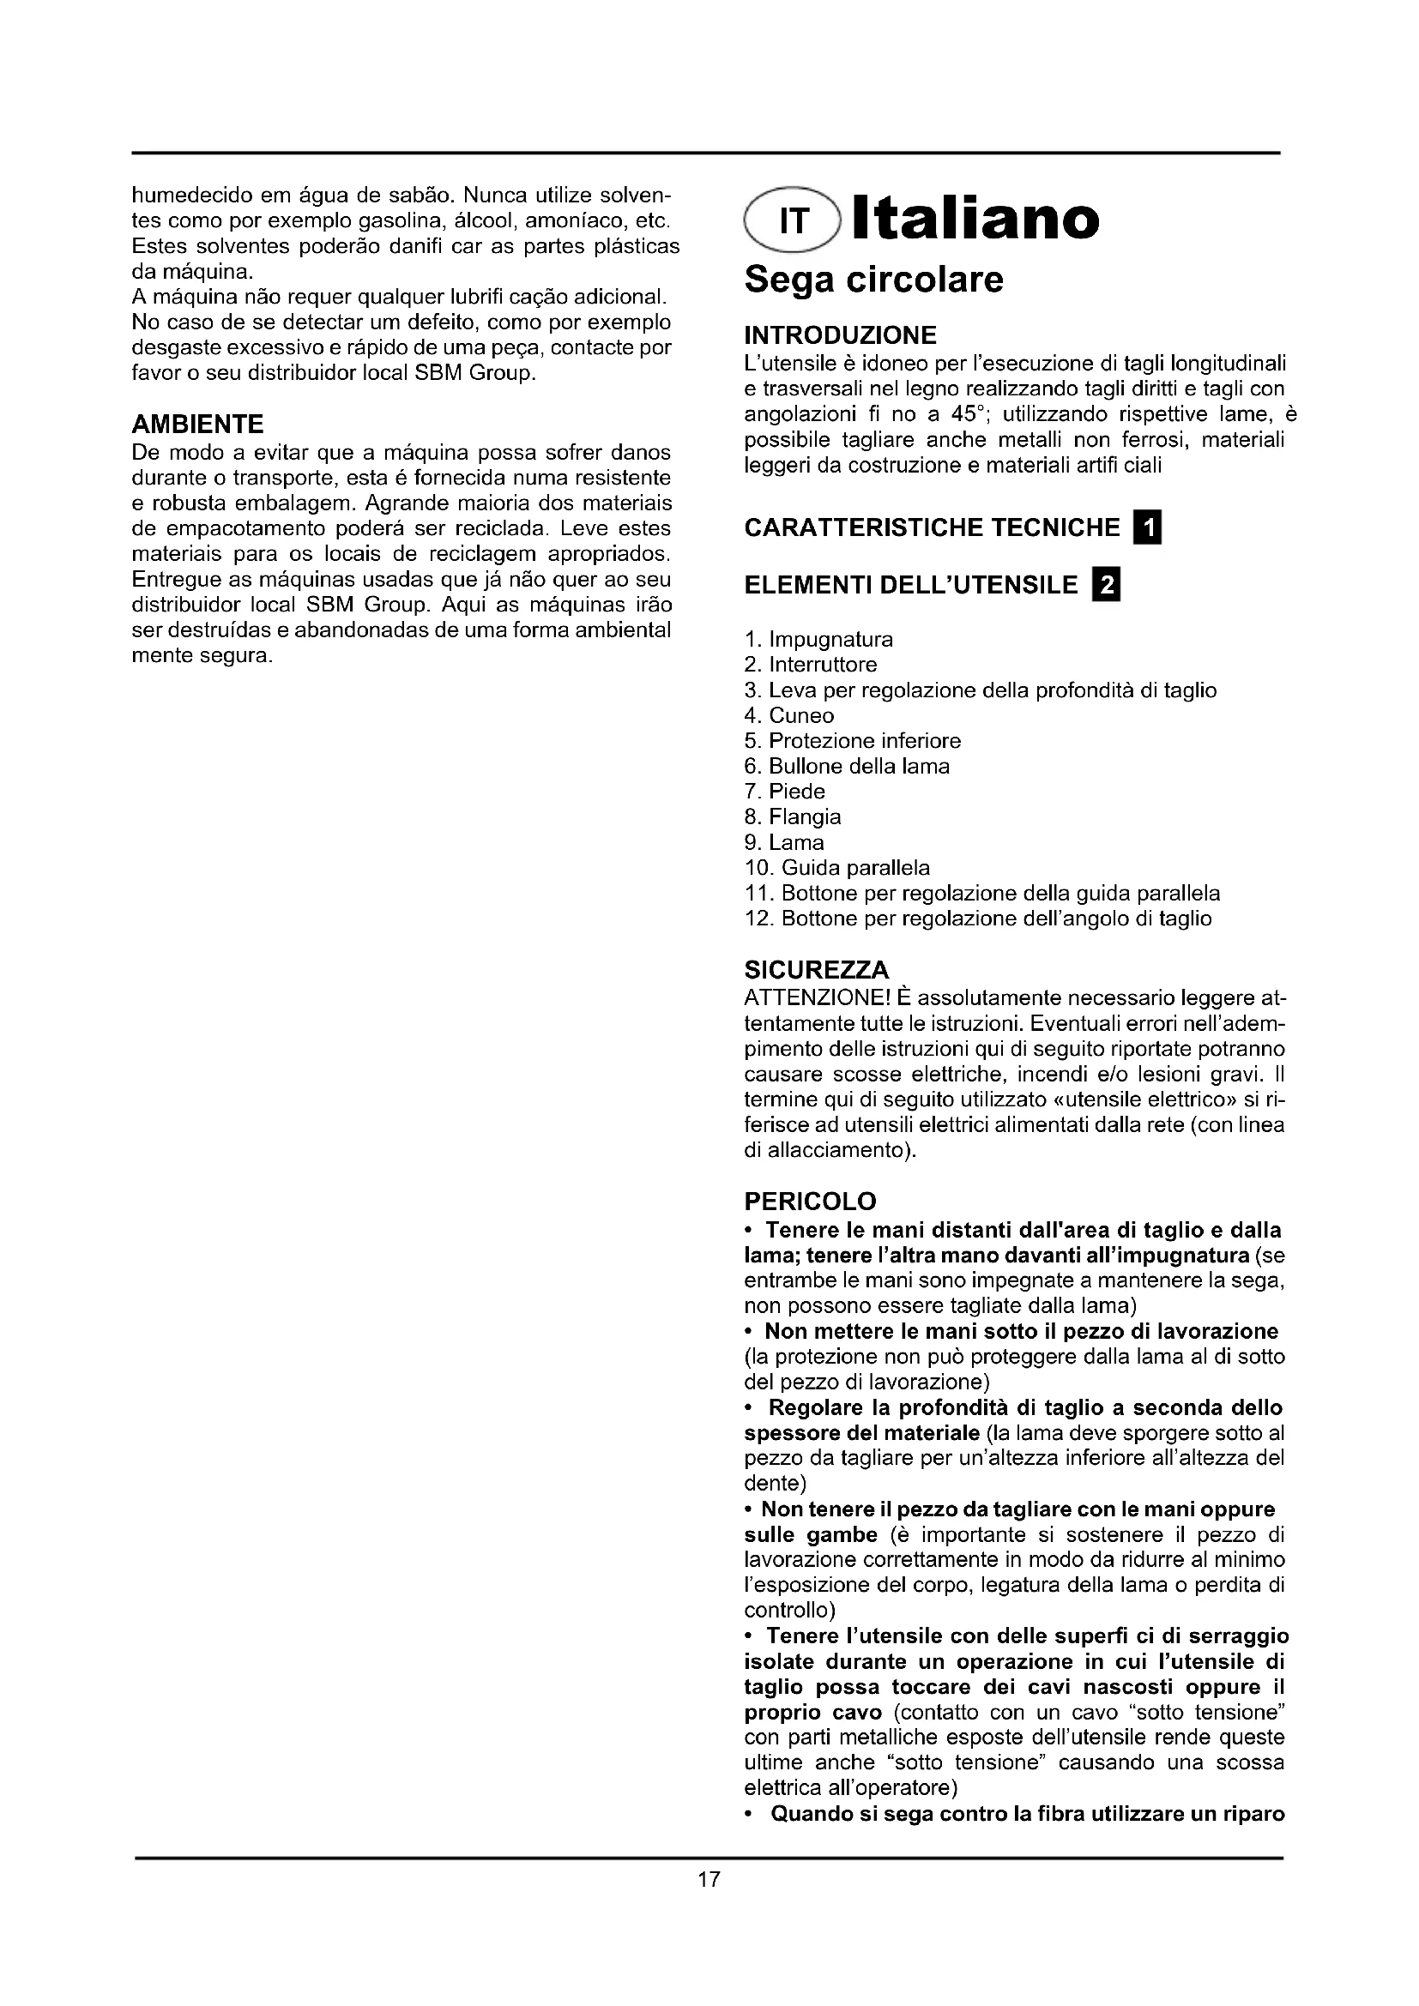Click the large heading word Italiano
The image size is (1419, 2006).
tap(975, 220)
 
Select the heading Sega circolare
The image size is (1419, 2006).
tap(873, 280)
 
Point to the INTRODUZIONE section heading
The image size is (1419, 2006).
tap(840, 335)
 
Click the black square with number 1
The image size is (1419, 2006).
tap(1147, 528)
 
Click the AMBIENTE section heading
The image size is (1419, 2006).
tap(197, 425)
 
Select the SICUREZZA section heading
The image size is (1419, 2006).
tap(816, 970)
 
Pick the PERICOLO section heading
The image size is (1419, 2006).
tap(810, 1202)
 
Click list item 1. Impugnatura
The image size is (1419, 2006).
tap(818, 640)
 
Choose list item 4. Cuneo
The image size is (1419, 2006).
tap(789, 715)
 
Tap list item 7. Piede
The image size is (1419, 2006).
tap(785, 792)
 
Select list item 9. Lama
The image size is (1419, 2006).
tap(784, 842)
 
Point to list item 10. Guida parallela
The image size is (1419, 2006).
tap(837, 868)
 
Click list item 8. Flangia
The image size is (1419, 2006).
tap(793, 817)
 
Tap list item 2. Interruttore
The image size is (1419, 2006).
tap(810, 665)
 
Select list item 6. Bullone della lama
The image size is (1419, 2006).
tap(847, 766)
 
